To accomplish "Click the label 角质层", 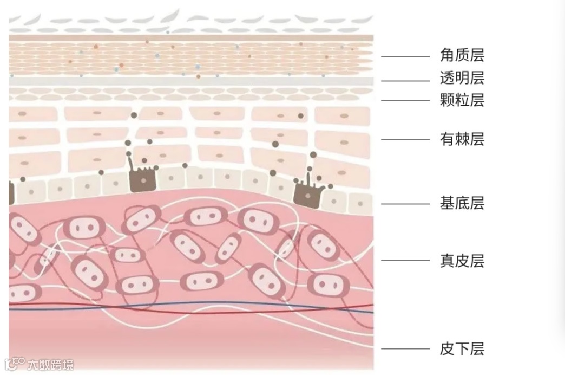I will (462, 55).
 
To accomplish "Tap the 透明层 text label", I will (462, 79).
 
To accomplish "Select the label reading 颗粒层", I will (462, 100).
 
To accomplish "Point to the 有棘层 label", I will (462, 139).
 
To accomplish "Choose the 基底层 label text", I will (462, 204).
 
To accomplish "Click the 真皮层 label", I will (462, 261).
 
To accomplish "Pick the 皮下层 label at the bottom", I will (462, 349).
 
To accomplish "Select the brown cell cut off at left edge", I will (11, 193).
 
